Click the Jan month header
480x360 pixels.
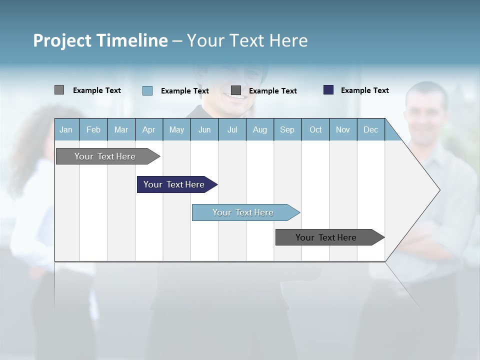[x=66, y=129]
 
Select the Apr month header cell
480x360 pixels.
[x=148, y=129]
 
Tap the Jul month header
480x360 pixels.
[x=232, y=129]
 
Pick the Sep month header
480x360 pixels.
[x=287, y=129]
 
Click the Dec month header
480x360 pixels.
[x=370, y=129]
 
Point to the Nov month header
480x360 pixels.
[x=343, y=129]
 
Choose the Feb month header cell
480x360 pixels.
[x=93, y=129]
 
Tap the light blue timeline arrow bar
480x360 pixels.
[x=244, y=212]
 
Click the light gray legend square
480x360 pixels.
[x=59, y=90]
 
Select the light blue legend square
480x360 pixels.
[x=147, y=90]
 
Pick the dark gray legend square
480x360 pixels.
[x=236, y=90]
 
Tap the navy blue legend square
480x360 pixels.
[x=328, y=90]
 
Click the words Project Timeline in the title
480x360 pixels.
[x=100, y=40]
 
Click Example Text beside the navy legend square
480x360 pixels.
[x=364, y=90]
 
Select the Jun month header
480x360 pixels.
[x=204, y=129]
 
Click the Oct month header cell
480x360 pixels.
[x=315, y=129]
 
